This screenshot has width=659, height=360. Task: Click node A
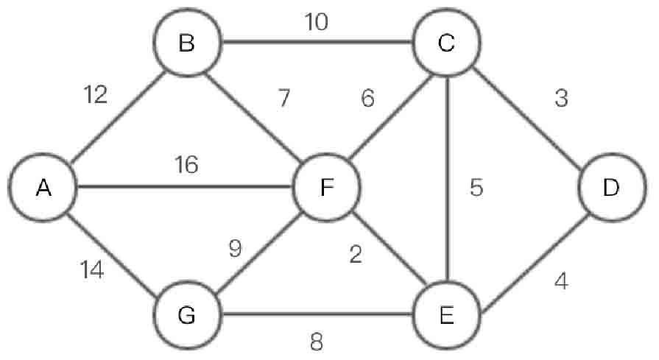(43, 188)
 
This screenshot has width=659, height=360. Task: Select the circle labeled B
(187, 45)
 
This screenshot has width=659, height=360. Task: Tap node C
(445, 44)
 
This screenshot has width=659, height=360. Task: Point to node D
(610, 188)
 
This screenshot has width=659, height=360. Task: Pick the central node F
(326, 188)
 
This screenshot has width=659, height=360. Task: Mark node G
(187, 315)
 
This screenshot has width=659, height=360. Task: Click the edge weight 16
(187, 165)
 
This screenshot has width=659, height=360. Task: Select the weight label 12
(96, 94)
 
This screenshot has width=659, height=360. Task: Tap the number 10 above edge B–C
(317, 22)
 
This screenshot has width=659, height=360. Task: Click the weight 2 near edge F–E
(356, 255)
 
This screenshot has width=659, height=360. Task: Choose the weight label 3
(561, 99)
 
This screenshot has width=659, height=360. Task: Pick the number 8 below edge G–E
(317, 341)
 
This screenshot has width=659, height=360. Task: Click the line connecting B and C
(317, 41)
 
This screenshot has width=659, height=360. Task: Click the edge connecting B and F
(254, 114)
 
